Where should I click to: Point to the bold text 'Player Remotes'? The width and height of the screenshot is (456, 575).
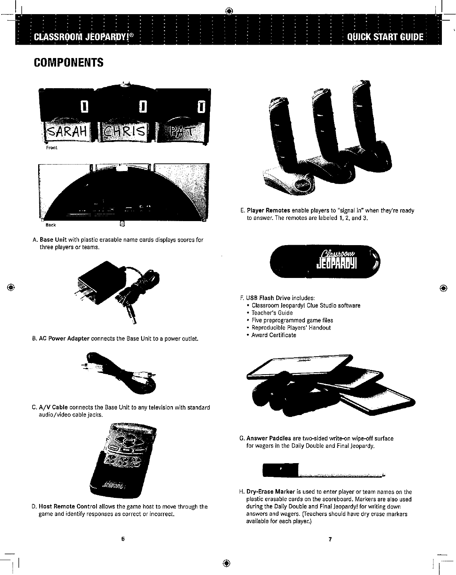[x=268, y=211]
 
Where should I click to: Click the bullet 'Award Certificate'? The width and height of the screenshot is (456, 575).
[x=274, y=335]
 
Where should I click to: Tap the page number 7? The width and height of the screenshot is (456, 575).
[x=330, y=539]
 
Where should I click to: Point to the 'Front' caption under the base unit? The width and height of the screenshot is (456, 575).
[x=52, y=148]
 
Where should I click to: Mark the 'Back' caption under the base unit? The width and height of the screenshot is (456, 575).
[x=51, y=225]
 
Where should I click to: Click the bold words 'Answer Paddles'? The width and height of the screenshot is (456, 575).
[x=269, y=438]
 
